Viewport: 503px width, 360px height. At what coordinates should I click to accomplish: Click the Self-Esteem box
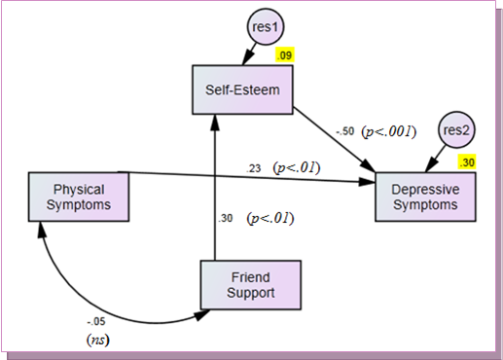pyautogui.click(x=241, y=90)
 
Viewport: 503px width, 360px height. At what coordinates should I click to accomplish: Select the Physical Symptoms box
pyautogui.click(x=79, y=197)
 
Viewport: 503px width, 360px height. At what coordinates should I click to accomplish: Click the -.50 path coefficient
pyautogui.click(x=343, y=131)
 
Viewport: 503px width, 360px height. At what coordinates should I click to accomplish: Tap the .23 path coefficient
pyautogui.click(x=255, y=168)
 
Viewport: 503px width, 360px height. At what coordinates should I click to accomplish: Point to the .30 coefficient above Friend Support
pyautogui.click(x=226, y=219)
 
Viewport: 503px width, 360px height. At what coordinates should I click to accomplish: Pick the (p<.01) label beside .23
pyautogui.click(x=297, y=167)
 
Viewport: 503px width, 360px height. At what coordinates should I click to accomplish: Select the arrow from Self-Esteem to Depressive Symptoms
pyautogui.click(x=336, y=147)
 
